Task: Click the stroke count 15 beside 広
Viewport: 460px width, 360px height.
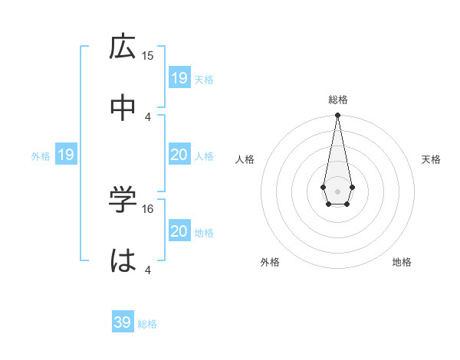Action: (148, 55)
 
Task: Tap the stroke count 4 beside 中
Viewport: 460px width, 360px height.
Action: (148, 116)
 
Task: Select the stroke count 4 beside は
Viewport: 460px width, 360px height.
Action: (148, 270)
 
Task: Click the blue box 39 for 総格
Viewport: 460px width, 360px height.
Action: (123, 322)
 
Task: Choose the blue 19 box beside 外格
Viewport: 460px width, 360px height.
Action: (65, 155)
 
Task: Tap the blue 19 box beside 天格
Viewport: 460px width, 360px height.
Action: (179, 77)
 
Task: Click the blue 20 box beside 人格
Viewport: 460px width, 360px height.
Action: (179, 155)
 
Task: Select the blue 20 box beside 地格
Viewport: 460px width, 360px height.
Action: (179, 231)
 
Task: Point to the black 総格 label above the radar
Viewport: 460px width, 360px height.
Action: (337, 100)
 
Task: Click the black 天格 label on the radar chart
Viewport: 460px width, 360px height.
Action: (432, 159)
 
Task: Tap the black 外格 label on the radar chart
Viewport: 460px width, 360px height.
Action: (270, 262)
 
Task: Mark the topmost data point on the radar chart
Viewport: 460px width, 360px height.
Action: (337, 115)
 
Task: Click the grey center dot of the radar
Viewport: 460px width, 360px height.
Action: (337, 190)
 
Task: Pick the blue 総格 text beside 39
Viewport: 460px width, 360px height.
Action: (147, 324)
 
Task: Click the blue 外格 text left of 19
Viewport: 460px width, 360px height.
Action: (41, 156)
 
